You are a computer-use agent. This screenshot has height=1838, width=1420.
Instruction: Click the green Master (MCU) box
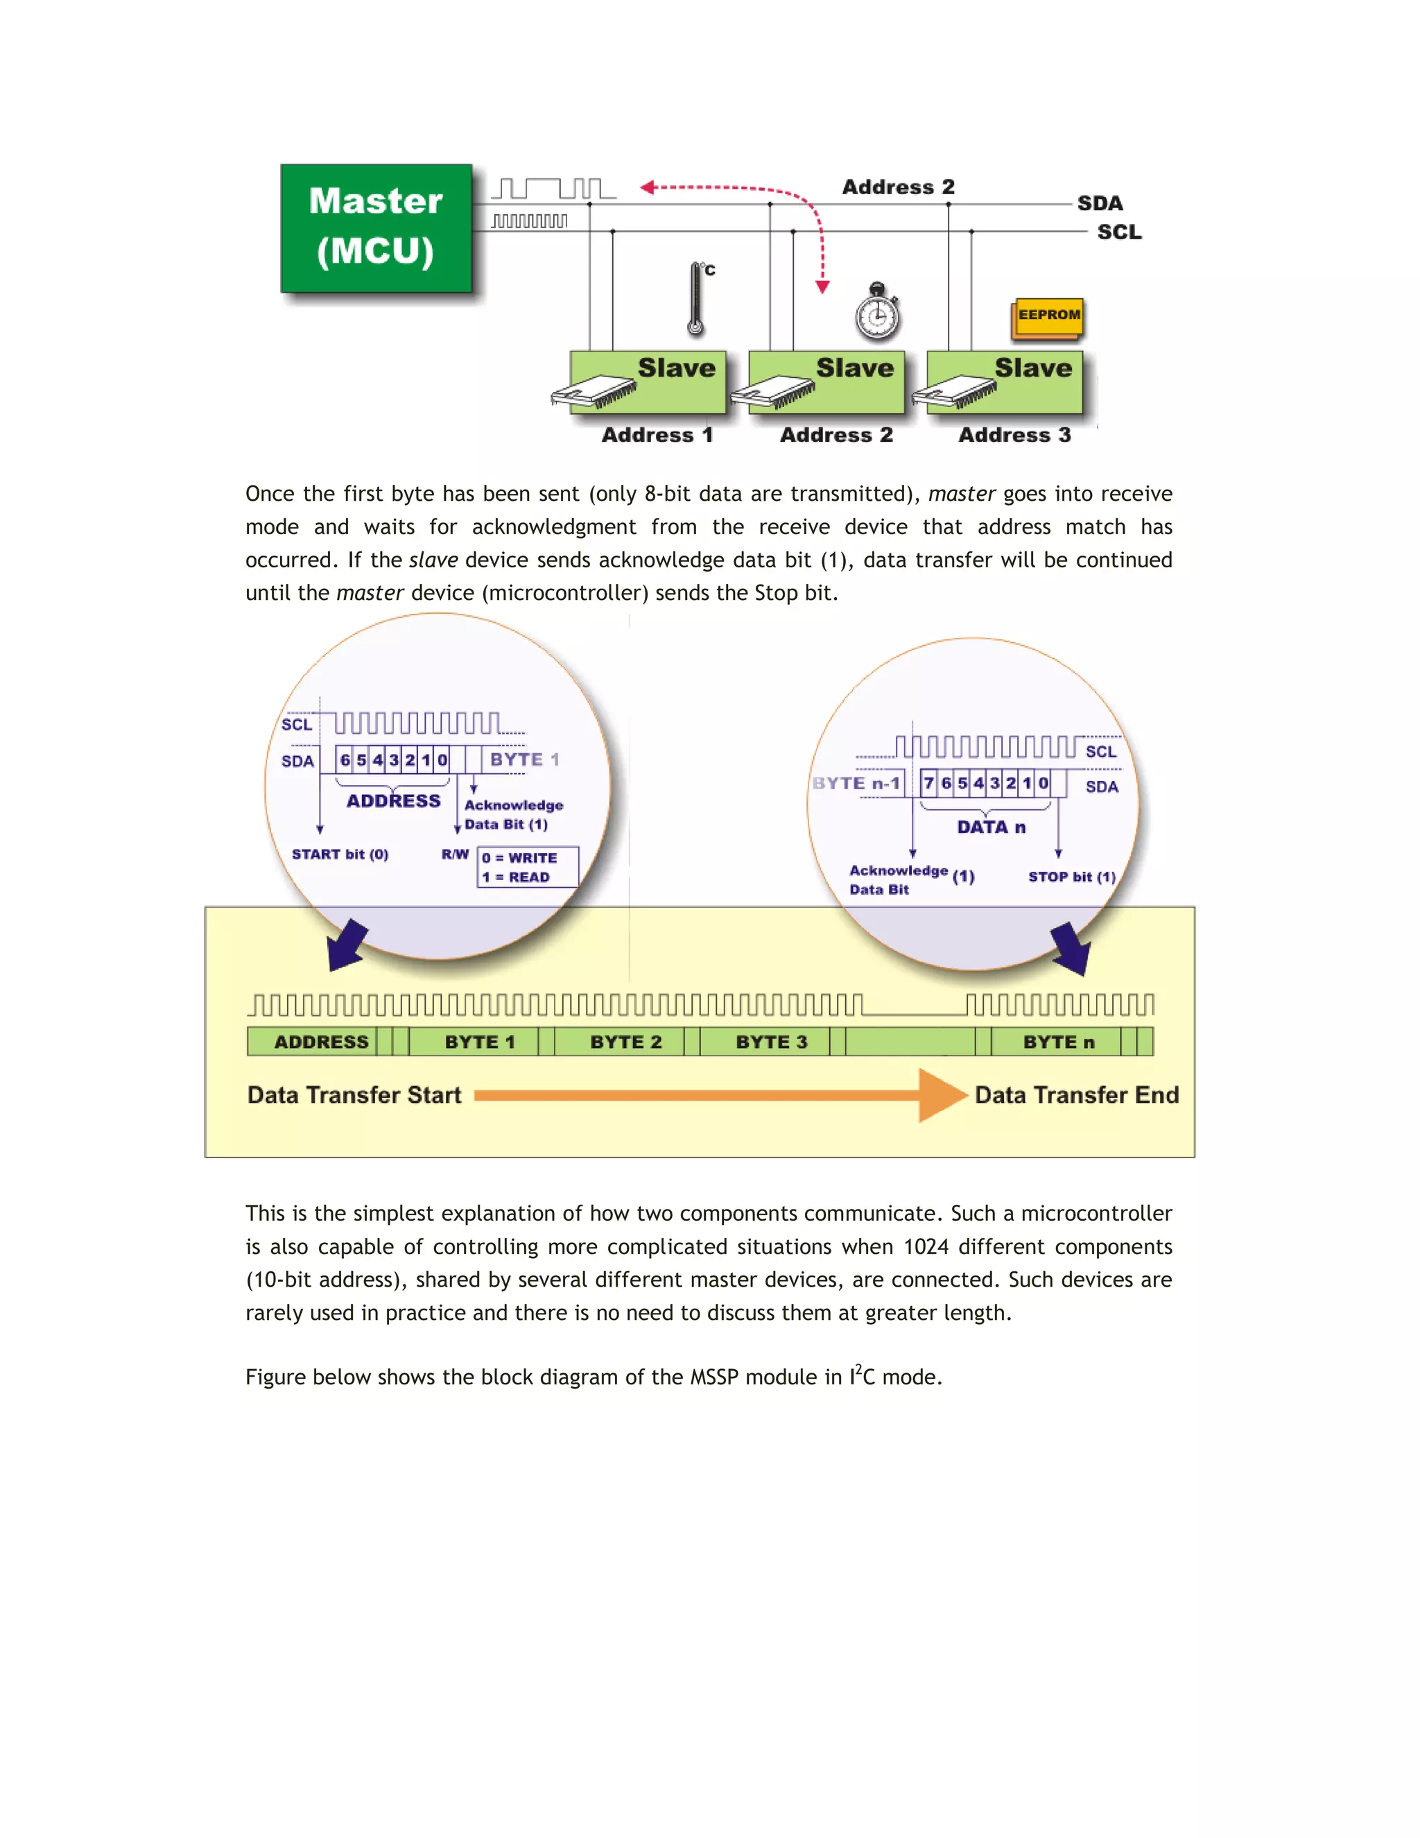pos(376,228)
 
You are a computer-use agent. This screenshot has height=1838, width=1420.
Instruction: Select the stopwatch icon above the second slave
pos(877,313)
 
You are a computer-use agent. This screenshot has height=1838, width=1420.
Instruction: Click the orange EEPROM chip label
pos(1048,316)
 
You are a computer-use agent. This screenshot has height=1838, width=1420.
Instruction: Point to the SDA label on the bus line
pos(1100,204)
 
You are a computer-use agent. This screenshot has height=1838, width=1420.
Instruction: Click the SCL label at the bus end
pos(1119,232)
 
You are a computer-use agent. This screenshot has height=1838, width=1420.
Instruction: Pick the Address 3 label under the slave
pos(1014,435)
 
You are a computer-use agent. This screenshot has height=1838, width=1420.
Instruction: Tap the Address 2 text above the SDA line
pos(898,187)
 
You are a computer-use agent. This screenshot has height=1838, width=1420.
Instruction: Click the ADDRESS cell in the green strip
pos(320,1042)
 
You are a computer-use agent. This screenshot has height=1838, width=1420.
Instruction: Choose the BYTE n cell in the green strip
pos(1057,1042)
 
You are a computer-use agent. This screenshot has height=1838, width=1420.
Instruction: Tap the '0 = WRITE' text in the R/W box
pos(519,857)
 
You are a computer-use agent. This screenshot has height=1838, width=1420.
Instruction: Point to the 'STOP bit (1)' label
pos(1071,876)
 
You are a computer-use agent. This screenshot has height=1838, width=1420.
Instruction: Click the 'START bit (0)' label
pos(340,854)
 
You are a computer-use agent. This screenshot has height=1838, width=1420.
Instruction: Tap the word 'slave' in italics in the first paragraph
pos(433,560)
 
